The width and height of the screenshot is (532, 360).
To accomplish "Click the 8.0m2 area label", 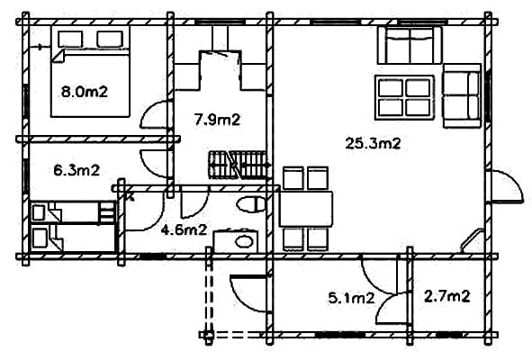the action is (85, 92).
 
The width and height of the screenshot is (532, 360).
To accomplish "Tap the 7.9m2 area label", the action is (218, 120).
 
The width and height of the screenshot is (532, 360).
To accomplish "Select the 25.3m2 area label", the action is (373, 143).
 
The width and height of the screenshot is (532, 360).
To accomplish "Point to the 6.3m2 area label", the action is (77, 170).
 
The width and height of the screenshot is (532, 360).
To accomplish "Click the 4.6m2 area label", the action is (184, 230).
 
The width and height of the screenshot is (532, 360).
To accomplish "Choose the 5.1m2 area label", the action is (351, 298).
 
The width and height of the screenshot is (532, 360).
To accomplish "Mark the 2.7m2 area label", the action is (447, 297).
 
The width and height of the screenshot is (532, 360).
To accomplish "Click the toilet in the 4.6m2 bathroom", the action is (251, 204).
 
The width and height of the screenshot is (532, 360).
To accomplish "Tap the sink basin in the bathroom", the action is (244, 241).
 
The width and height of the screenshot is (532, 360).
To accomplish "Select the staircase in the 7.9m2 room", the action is (237, 165).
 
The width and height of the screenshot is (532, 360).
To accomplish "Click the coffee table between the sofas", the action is (404, 97).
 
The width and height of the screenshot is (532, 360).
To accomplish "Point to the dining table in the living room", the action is (306, 209).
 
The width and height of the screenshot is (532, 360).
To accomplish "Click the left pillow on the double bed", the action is (70, 39).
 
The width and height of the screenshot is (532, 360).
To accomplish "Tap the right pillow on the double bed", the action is (110, 39).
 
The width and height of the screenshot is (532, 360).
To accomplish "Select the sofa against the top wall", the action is (410, 45).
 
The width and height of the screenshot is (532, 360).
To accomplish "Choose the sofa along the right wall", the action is (462, 95).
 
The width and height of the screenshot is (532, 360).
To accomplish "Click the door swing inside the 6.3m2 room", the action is (153, 164).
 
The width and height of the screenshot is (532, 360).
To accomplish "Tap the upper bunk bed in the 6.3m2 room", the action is (73, 212).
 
